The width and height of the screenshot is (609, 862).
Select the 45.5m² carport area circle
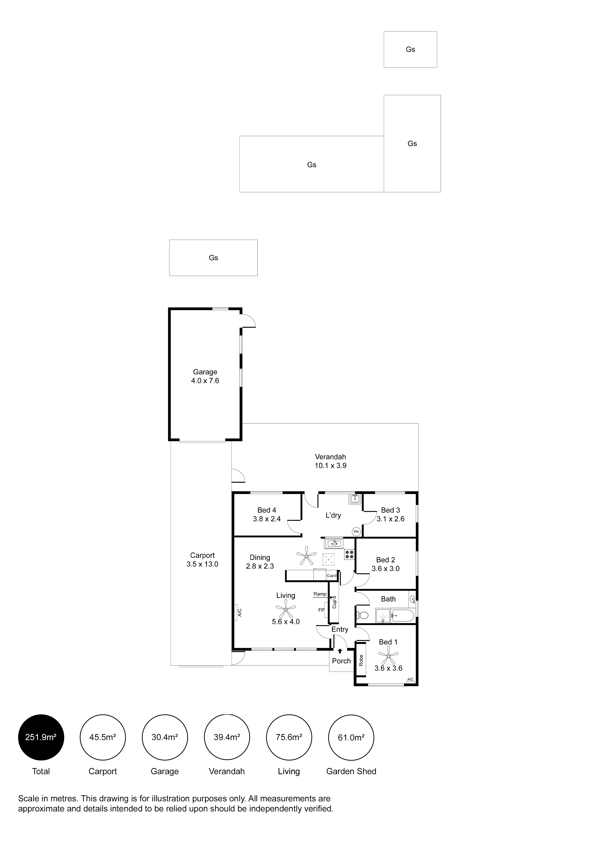pyautogui.click(x=103, y=737)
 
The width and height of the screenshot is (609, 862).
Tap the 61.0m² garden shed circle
pyautogui.click(x=351, y=737)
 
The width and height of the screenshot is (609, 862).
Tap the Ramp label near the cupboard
pyautogui.click(x=320, y=594)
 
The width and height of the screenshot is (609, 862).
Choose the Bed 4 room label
pyautogui.click(x=267, y=510)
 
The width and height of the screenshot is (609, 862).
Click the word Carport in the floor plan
pyautogui.click(x=202, y=555)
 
